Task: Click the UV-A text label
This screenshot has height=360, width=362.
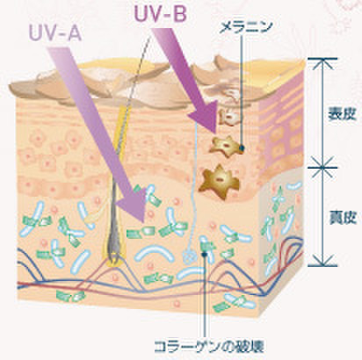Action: [x=55, y=33]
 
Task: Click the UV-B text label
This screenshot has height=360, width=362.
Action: [x=161, y=14]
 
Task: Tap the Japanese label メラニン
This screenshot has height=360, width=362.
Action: [x=246, y=28]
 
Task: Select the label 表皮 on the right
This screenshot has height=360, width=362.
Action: [x=342, y=113]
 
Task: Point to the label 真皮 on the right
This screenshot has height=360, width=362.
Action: [x=343, y=218]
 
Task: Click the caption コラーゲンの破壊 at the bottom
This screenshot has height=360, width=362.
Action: [x=209, y=347]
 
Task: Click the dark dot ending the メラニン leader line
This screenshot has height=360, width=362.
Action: [x=242, y=148]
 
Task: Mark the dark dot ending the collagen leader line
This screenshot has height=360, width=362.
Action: [x=205, y=254]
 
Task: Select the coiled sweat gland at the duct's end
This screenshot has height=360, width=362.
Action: [x=190, y=257]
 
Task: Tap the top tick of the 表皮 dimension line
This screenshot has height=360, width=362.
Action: [x=322, y=60]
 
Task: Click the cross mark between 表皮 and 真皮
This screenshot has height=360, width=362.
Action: [x=322, y=168]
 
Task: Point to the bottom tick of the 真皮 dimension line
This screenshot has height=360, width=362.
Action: [x=322, y=264]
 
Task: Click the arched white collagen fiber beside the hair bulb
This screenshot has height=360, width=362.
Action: [x=155, y=253]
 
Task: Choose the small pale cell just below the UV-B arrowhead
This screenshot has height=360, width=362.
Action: [x=230, y=118]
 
